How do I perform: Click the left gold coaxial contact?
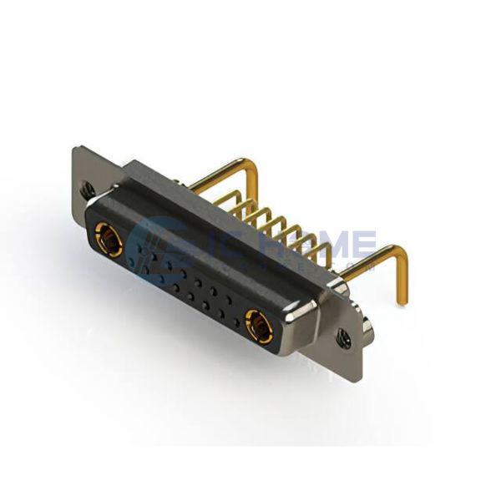109,240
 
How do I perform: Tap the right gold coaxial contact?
259,326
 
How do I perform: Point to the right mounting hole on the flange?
344,338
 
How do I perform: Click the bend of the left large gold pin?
250,164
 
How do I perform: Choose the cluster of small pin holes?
188,284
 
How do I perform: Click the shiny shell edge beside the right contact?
301,321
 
